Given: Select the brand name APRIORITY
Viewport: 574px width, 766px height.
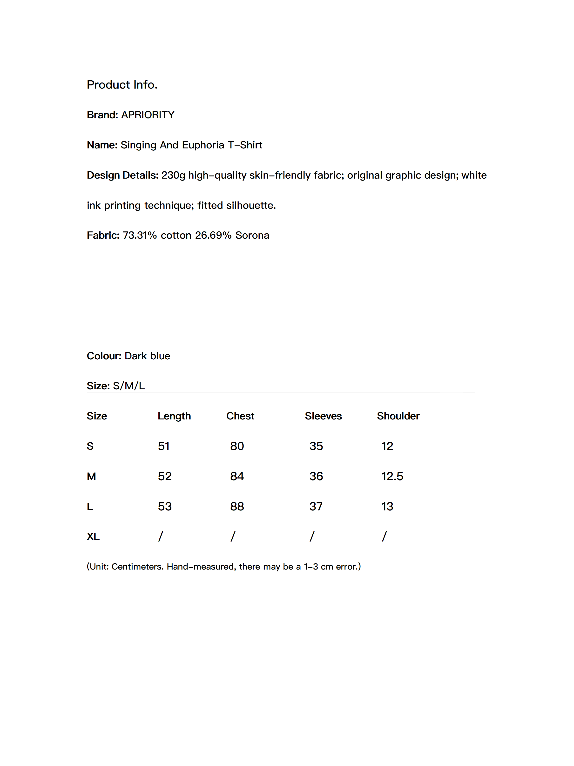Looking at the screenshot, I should pos(148,115).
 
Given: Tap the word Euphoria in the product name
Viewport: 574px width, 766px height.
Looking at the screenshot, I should pos(203,145).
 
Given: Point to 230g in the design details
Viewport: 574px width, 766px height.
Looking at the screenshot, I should pos(173,175).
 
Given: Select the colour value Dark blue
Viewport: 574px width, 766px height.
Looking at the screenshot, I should pos(147,356).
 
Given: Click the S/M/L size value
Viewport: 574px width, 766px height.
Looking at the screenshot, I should pos(129,385).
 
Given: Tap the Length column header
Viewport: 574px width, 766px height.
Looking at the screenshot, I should pos(174,416).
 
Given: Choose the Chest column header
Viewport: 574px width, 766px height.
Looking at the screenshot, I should pos(240,416).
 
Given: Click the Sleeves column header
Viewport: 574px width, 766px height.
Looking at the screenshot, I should pos(323,416).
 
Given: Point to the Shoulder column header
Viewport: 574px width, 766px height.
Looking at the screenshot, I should pos(398,416).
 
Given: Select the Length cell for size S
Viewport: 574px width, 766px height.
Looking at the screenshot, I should pos(164,446).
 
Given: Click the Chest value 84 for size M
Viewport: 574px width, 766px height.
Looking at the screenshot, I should pos(237,476).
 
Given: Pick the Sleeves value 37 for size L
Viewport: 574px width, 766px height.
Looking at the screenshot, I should pos(316,506).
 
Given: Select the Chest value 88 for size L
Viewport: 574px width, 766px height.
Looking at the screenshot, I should pos(237,506).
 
